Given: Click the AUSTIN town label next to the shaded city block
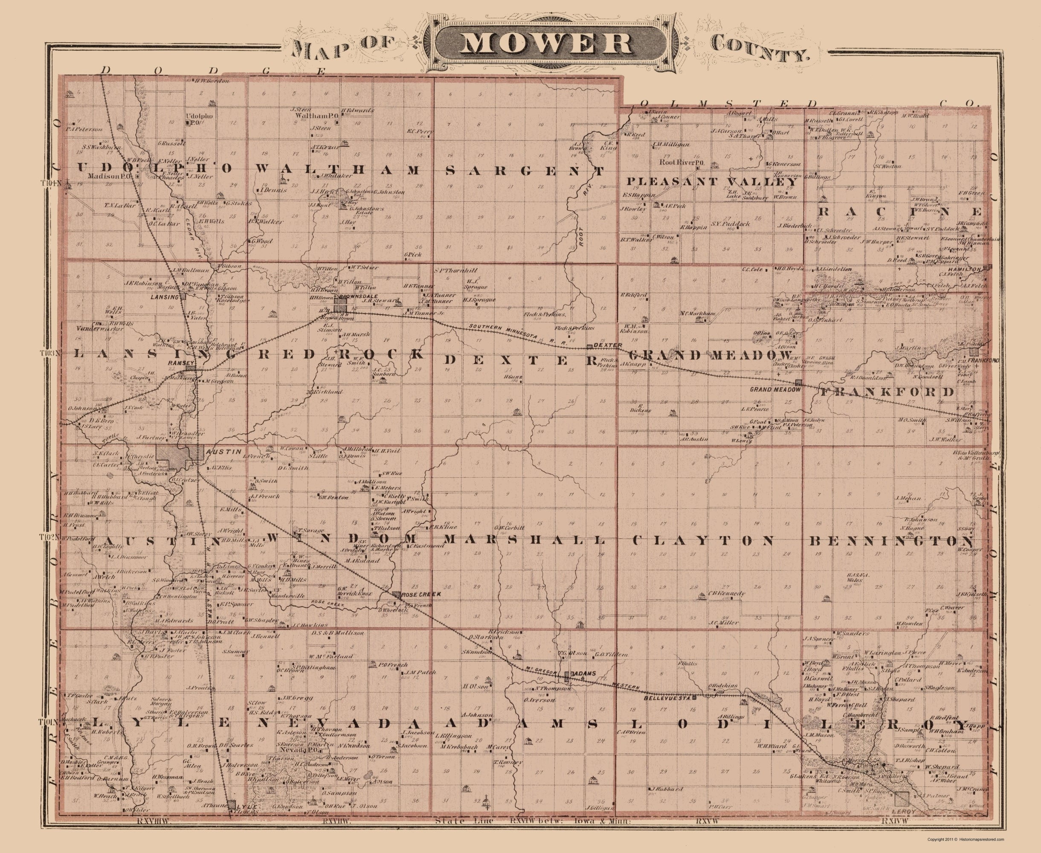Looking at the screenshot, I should coord(217,451).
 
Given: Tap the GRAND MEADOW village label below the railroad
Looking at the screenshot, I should coord(775,389).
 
